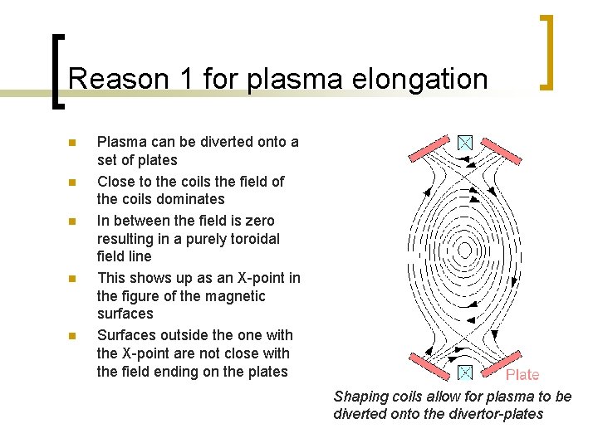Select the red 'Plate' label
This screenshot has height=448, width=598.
pos(522,375)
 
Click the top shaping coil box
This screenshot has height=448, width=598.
pos(466,143)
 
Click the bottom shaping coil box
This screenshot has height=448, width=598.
pos(466,372)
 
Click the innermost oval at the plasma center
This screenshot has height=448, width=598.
pos(466,250)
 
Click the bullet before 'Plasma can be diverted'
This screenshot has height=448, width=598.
pos(72,143)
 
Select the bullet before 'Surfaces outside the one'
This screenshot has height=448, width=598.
pos(72,336)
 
